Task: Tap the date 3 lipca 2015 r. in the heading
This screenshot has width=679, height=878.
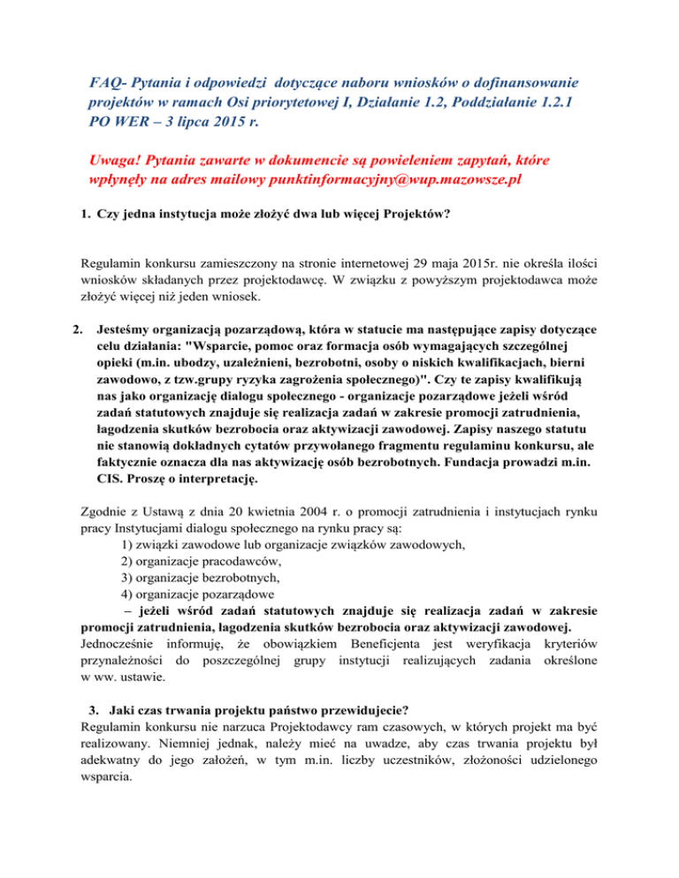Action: pos(201,125)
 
